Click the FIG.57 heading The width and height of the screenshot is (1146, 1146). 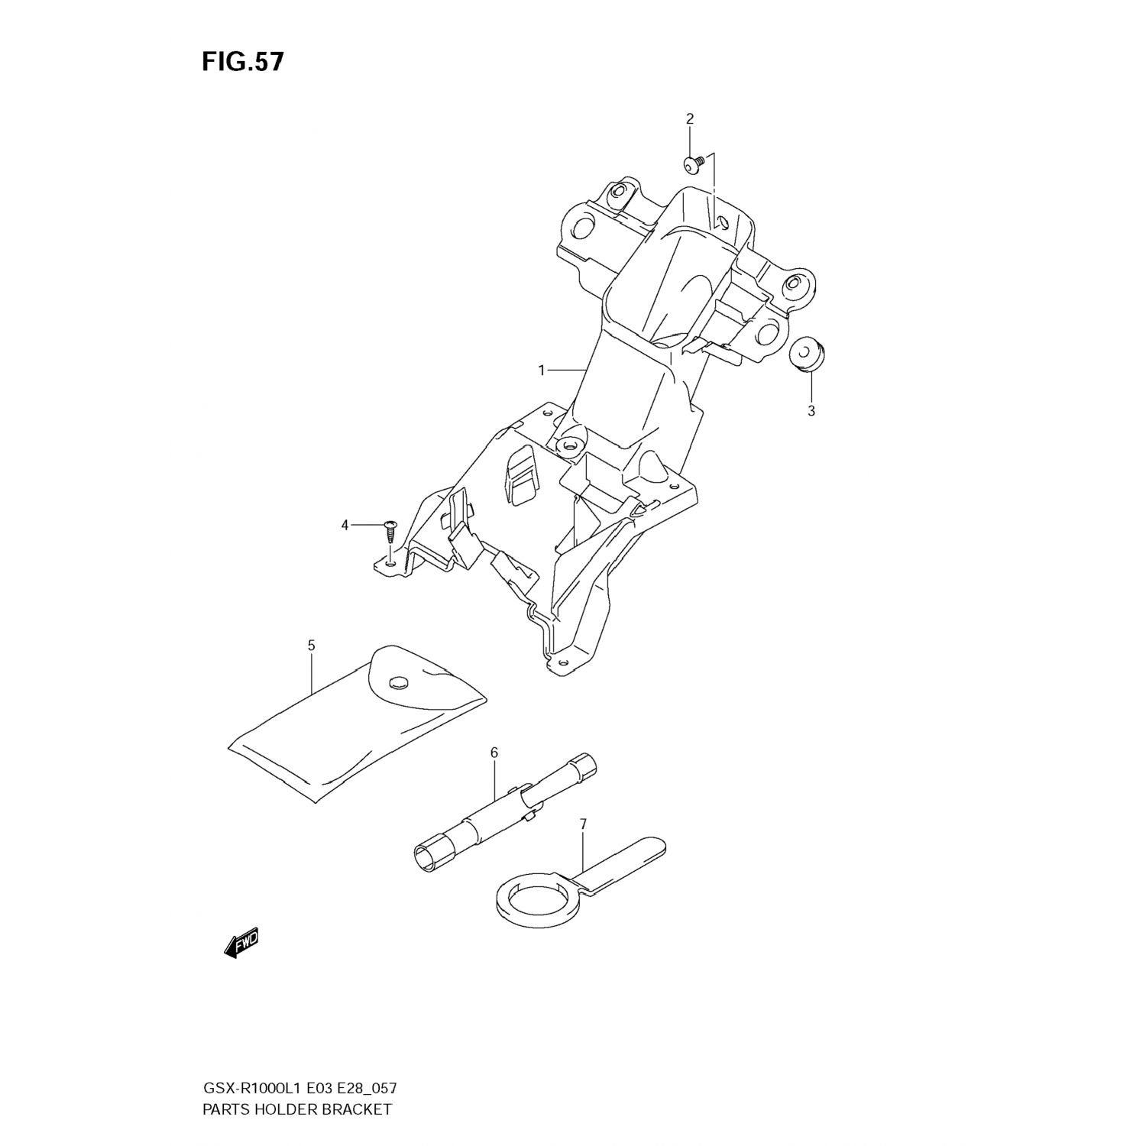pyautogui.click(x=242, y=62)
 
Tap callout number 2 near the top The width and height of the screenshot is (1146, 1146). pyautogui.click(x=689, y=118)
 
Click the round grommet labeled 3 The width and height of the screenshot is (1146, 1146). pyautogui.click(x=808, y=354)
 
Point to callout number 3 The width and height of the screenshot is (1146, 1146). pyautogui.click(x=811, y=410)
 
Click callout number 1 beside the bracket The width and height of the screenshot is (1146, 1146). pyautogui.click(x=542, y=371)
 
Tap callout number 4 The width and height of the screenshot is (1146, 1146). pyautogui.click(x=345, y=525)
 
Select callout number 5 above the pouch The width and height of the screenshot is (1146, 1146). pyautogui.click(x=311, y=646)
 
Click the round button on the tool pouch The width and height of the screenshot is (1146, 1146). pyautogui.click(x=398, y=681)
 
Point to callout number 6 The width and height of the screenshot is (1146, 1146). pyautogui.click(x=494, y=753)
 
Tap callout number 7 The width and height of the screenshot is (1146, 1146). pyautogui.click(x=583, y=824)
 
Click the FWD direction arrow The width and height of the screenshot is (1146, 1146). pyautogui.click(x=242, y=943)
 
